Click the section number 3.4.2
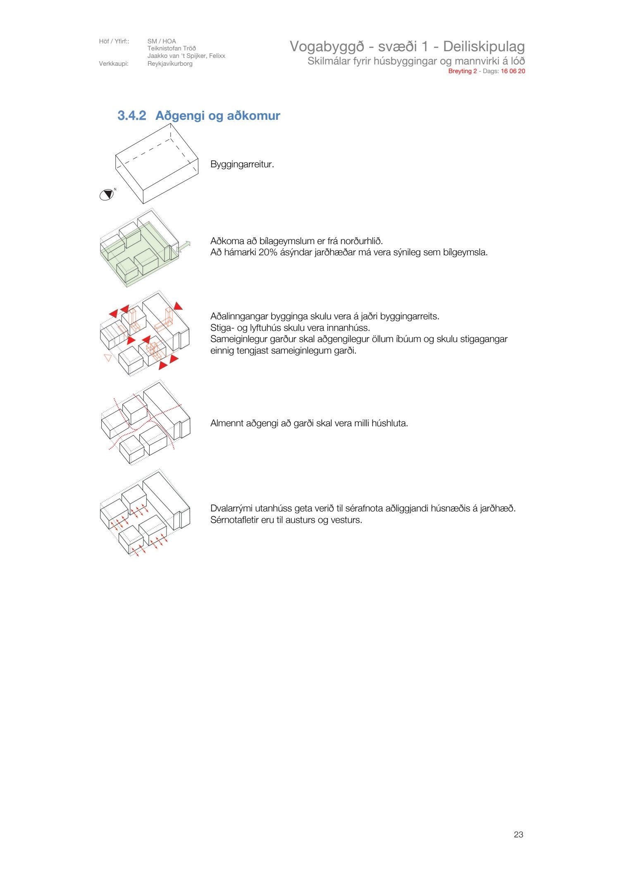pyautogui.click(x=131, y=116)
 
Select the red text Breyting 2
pyautogui.click(x=462, y=71)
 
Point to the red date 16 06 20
pyautogui.click(x=513, y=71)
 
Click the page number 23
pyautogui.click(x=518, y=834)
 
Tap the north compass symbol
pyautogui.click(x=107, y=195)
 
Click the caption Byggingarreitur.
pyautogui.click(x=242, y=164)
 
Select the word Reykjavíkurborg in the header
pyautogui.click(x=170, y=64)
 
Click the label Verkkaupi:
pyautogui.click(x=114, y=64)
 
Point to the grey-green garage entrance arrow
pyautogui.click(x=184, y=247)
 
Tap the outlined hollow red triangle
pyautogui.click(x=108, y=357)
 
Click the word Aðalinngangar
pyautogui.click(x=239, y=316)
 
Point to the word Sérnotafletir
pyautogui.click(x=234, y=520)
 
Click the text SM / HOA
pyautogui.click(x=162, y=41)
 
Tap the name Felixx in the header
pyautogui.click(x=217, y=56)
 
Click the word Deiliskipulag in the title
pyautogui.click(x=484, y=46)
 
